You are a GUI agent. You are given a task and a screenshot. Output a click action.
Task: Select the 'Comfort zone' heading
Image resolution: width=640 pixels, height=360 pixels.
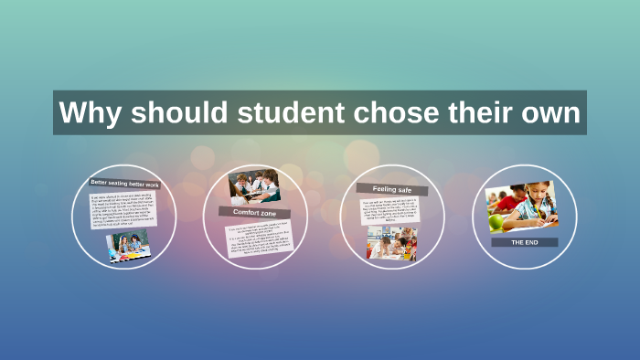(249, 211)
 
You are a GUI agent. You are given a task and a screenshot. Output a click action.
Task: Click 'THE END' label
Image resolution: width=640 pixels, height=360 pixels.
(524, 242)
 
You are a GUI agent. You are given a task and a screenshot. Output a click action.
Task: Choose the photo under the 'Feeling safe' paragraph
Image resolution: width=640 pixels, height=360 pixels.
(391, 242)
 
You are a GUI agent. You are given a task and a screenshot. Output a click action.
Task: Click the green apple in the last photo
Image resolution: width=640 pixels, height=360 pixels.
(496, 222)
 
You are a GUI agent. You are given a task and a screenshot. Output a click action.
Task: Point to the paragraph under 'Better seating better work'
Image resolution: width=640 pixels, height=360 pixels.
(123, 209)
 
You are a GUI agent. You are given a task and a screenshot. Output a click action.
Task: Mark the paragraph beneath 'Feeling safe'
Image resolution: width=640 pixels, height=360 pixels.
(389, 211)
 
